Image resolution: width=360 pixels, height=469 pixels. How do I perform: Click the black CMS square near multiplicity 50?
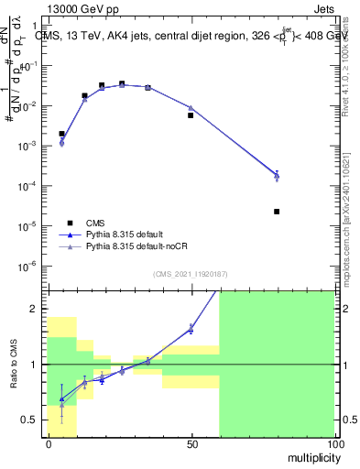[191, 115]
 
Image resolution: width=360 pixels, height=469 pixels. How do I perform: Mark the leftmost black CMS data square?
[61, 134]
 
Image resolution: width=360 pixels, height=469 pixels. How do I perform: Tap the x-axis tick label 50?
[191, 444]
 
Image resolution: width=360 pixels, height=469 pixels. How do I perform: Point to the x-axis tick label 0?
[48, 444]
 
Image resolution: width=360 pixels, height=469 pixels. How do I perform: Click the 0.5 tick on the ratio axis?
[32, 420]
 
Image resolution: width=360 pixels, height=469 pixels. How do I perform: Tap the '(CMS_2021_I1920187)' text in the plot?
[191, 274]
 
